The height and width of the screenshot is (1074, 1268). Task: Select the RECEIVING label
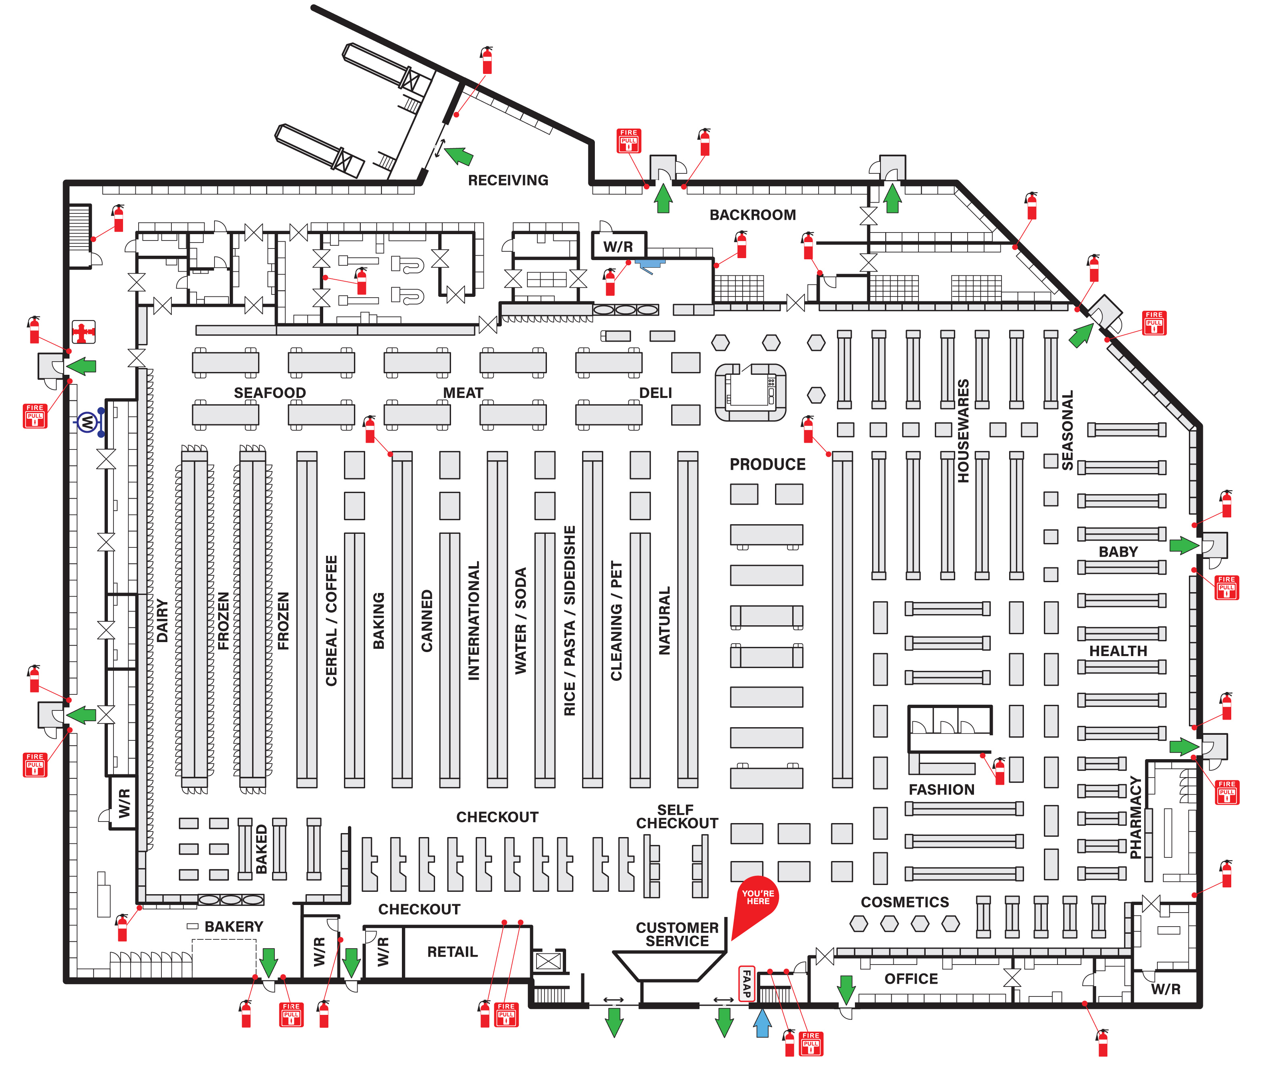click(x=508, y=180)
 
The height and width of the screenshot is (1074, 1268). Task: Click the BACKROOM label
click(x=752, y=215)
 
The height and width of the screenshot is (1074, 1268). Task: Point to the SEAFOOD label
click(x=270, y=393)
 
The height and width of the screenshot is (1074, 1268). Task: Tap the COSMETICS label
click(x=904, y=902)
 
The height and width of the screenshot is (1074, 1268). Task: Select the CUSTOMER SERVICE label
click(x=677, y=935)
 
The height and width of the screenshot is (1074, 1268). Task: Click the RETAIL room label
click(x=452, y=952)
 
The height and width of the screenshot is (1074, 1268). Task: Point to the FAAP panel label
click(x=746, y=983)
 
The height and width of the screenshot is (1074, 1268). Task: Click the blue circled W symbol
click(x=87, y=421)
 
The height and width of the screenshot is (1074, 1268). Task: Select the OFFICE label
click(x=911, y=979)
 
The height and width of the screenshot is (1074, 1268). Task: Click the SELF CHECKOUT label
click(x=676, y=816)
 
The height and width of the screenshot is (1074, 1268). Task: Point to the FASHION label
click(x=941, y=790)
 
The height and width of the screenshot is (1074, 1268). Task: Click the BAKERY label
click(x=234, y=927)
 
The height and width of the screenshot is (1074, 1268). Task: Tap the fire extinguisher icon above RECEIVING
click(x=486, y=60)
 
